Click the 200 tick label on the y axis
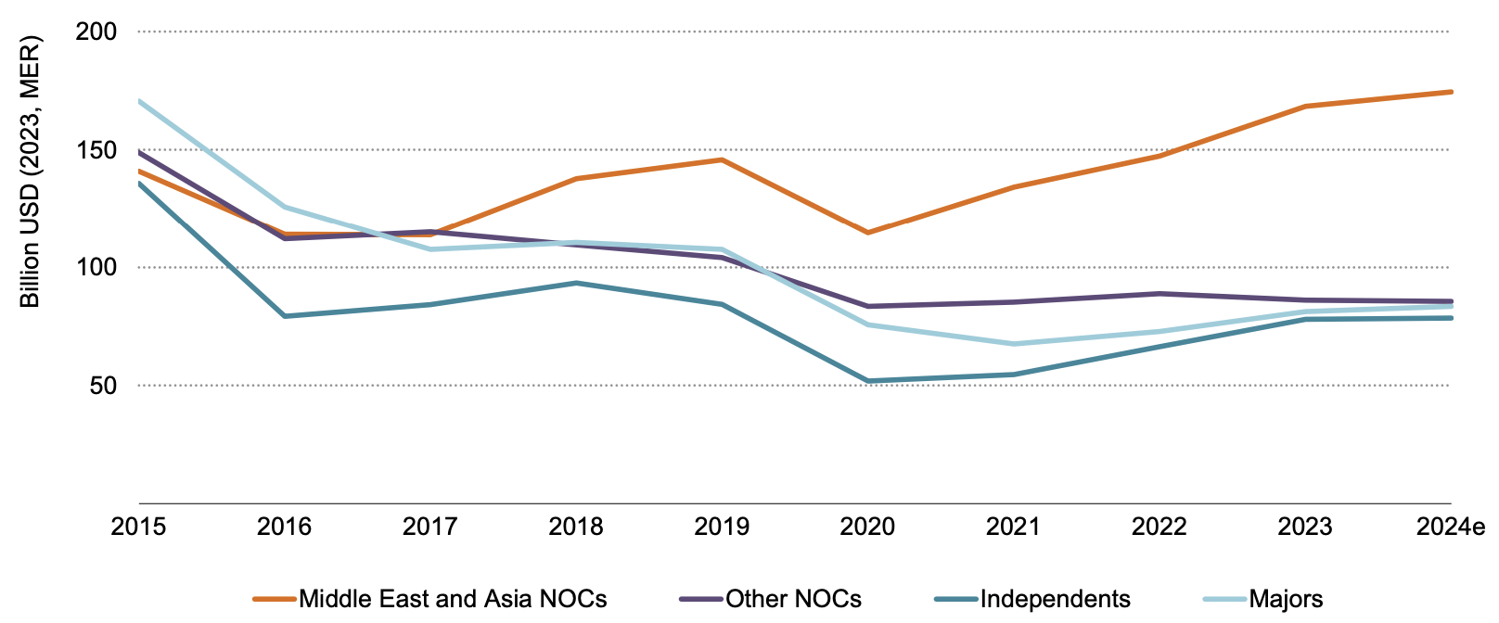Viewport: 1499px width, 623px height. click(x=96, y=32)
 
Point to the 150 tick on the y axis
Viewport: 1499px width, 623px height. click(x=96, y=150)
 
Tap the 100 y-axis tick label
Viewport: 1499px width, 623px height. click(x=96, y=268)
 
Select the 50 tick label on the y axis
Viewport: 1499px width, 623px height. click(x=103, y=386)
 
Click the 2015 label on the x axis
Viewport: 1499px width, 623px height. click(x=138, y=528)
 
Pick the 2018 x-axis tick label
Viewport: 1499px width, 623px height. click(x=576, y=528)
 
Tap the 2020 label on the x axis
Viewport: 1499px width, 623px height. click(x=867, y=528)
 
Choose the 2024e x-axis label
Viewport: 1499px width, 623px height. click(x=1451, y=528)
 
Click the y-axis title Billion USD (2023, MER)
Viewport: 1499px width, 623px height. click(x=31, y=172)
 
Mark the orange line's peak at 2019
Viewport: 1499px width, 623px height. click(x=722, y=159)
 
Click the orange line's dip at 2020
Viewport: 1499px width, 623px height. click(x=867, y=232)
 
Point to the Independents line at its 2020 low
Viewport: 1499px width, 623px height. click(x=867, y=381)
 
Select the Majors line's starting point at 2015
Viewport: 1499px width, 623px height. click(x=139, y=100)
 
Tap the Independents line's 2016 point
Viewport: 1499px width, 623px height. click(x=284, y=316)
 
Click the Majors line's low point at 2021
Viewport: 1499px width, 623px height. click(x=1013, y=344)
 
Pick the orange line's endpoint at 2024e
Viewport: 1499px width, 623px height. click(x=1451, y=92)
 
